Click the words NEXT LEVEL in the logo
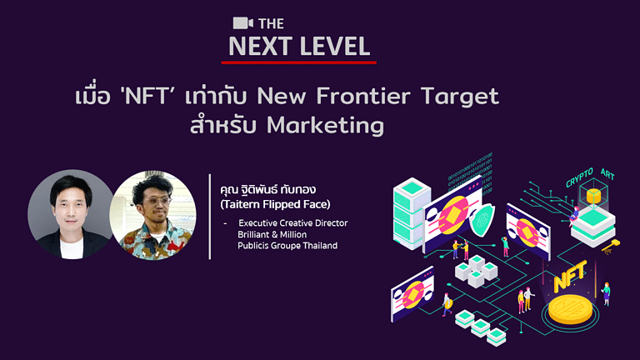[x=299, y=47]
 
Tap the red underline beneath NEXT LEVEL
[x=302, y=62]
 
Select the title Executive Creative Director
[x=292, y=223]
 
